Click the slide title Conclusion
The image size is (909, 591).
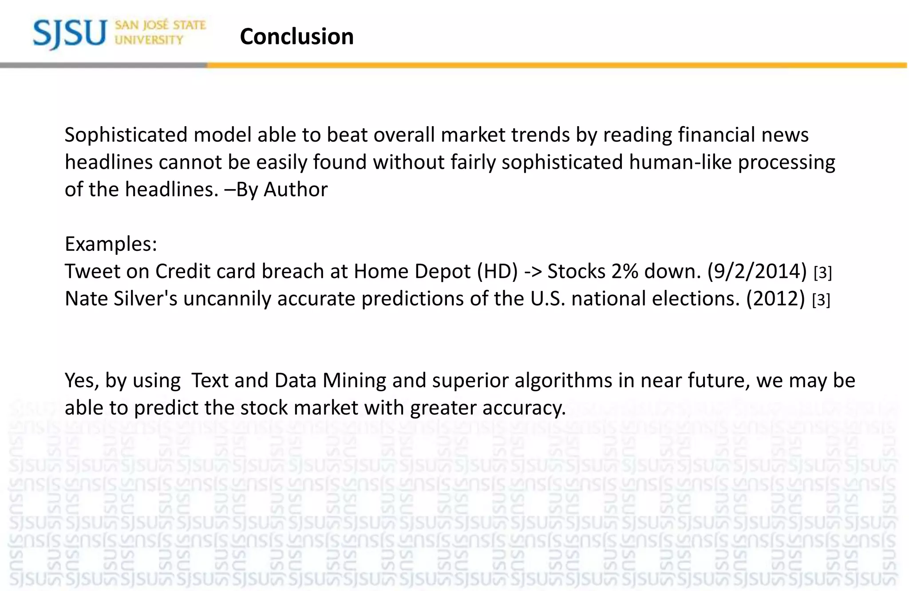(296, 36)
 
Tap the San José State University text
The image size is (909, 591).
(160, 32)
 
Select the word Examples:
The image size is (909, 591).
(111, 244)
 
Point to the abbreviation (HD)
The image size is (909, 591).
(497, 271)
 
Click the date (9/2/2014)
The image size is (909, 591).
(757, 271)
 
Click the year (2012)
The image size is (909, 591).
(775, 299)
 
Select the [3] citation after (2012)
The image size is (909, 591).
(821, 301)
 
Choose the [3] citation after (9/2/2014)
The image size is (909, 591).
(823, 273)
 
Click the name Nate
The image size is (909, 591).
(86, 299)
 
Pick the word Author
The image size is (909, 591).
(296, 190)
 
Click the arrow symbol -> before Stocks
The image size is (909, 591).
(533, 271)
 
